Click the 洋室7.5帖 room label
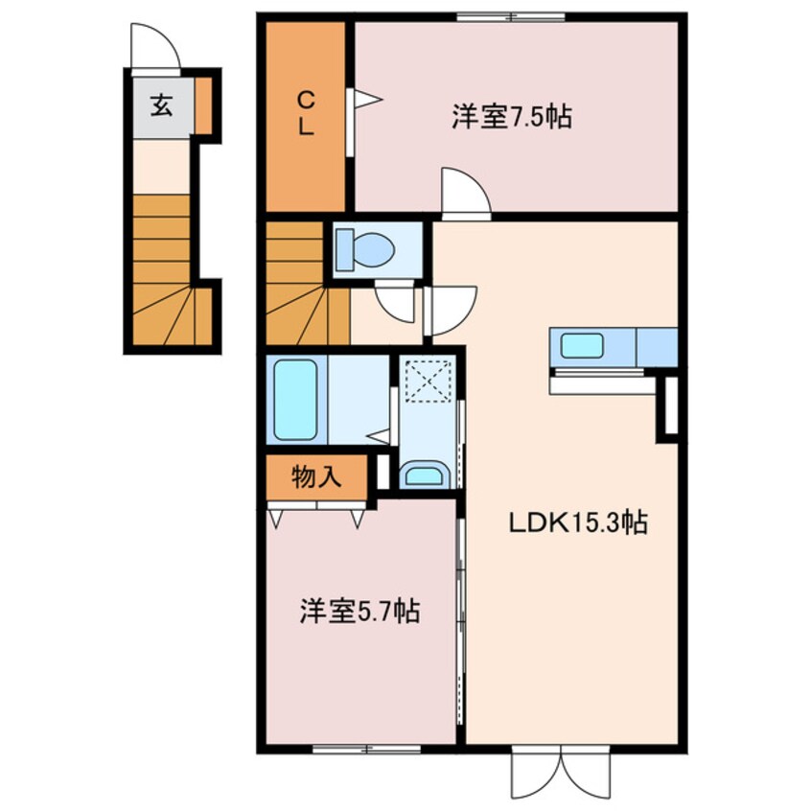click(x=512, y=117)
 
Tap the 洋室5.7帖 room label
click(x=359, y=611)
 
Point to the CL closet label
click(x=305, y=113)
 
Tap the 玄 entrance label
click(x=161, y=105)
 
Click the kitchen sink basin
click(x=581, y=345)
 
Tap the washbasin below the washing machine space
click(x=423, y=474)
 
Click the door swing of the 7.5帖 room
click(x=466, y=192)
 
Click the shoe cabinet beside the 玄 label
click(x=204, y=105)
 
